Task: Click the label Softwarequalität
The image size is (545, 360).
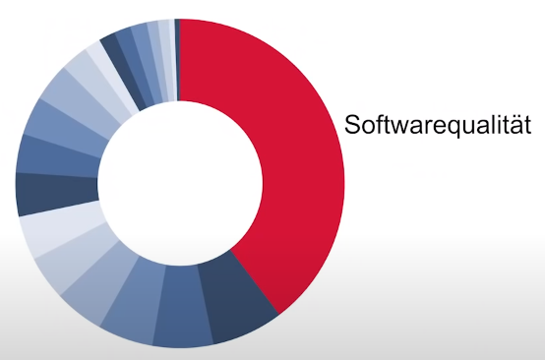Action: tap(438, 124)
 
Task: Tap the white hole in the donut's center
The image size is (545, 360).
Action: tap(180, 183)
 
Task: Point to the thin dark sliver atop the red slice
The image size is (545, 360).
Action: tap(177, 59)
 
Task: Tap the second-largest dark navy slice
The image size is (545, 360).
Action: tap(57, 193)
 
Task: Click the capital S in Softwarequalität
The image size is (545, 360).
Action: tap(352, 124)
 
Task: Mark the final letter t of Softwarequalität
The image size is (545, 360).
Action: tap(527, 125)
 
